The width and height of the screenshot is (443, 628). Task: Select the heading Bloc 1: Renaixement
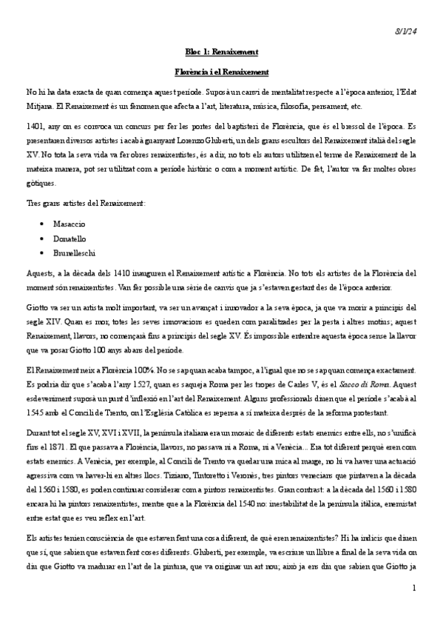coord(221,52)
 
